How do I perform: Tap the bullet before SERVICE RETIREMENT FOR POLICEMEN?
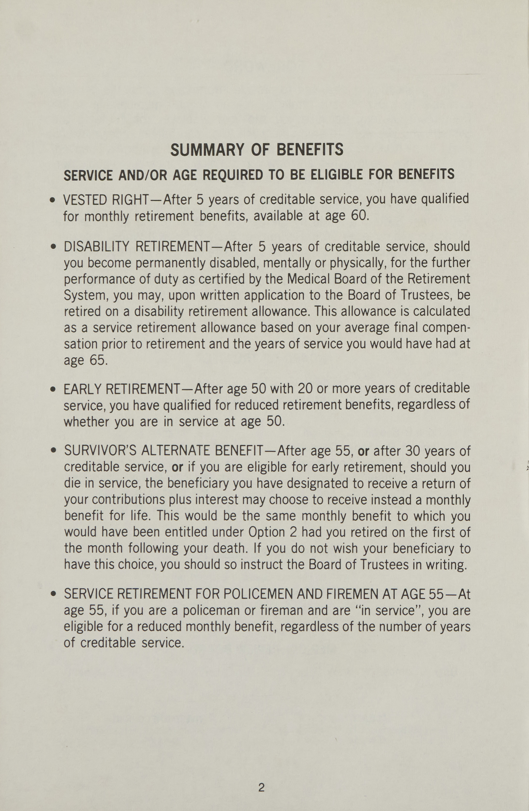click(52, 595)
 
